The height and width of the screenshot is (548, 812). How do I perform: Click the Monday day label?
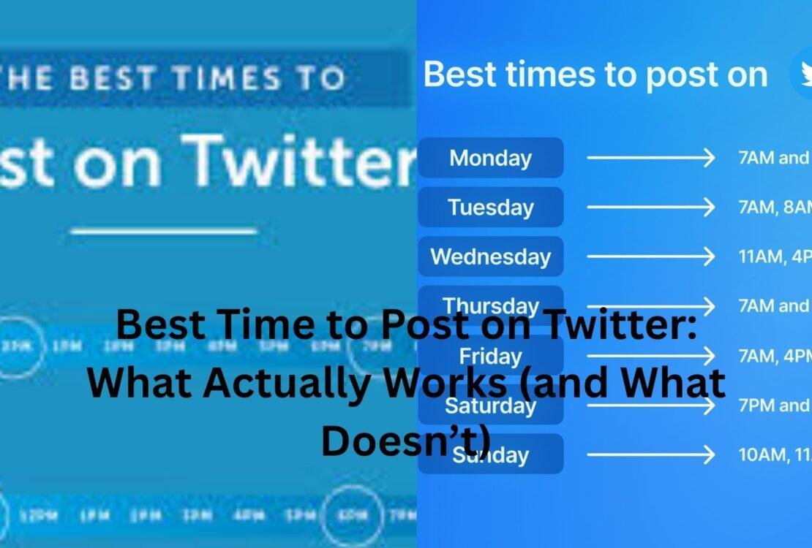(x=490, y=158)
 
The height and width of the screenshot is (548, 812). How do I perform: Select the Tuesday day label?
(x=490, y=208)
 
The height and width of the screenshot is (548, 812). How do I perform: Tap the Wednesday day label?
(x=490, y=257)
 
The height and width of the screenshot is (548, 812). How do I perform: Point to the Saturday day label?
(x=490, y=405)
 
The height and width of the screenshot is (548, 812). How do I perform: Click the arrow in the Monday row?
(x=650, y=158)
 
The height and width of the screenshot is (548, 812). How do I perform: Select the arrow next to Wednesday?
(x=650, y=257)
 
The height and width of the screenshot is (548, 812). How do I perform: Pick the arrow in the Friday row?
(x=650, y=356)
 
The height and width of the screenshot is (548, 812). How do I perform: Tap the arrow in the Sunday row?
(x=650, y=454)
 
